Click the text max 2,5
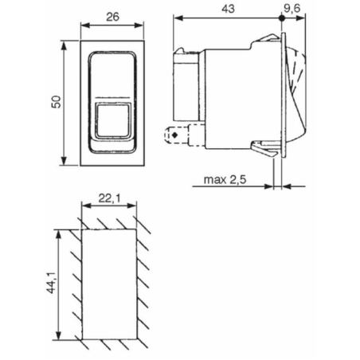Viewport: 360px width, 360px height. [224, 181]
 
